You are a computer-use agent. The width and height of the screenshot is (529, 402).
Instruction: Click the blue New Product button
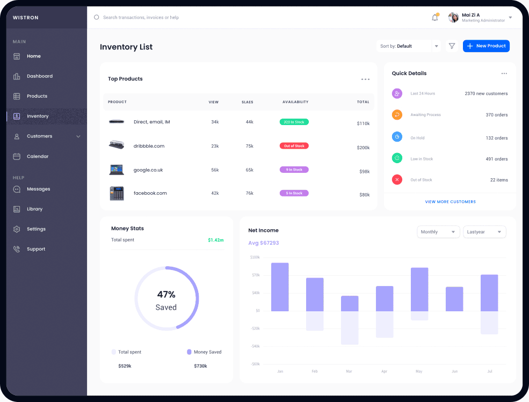486,46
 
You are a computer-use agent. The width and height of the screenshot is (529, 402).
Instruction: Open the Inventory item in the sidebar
37,116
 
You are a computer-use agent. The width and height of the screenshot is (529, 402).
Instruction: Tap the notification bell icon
435,18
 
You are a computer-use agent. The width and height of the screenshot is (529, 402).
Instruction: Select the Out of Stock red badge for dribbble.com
294,146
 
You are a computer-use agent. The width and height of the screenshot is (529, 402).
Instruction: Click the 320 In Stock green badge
294,122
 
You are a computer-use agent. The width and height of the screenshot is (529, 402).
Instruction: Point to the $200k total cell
364,148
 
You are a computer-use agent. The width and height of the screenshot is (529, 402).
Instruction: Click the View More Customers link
450,202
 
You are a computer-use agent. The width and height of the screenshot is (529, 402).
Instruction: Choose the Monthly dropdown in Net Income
438,232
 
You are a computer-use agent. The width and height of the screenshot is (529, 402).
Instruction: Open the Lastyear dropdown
484,232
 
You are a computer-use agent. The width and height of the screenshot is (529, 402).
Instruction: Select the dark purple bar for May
419,289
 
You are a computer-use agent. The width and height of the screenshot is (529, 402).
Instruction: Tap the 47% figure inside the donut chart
166,294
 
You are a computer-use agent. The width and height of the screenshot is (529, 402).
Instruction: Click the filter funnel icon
452,46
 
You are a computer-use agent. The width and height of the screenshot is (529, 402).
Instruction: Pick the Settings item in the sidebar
36,229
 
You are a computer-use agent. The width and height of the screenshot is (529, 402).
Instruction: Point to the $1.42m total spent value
215,240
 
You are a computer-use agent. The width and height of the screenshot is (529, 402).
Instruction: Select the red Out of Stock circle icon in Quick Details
397,180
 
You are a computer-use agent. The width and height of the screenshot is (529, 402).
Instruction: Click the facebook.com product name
150,193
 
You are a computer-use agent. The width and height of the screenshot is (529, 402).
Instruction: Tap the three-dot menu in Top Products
365,79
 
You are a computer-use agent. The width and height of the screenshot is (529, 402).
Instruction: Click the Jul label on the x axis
489,371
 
